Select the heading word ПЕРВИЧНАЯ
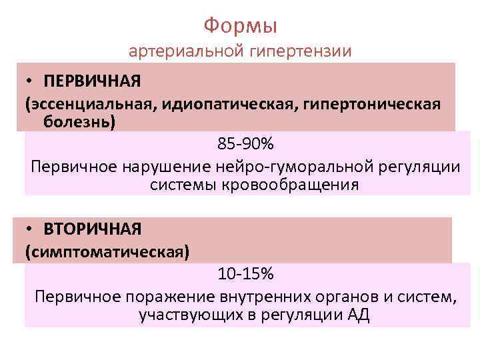pyautogui.click(x=93, y=81)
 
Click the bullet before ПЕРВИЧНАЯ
pyautogui.click(x=31, y=81)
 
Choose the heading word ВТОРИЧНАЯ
pyautogui.click(x=93, y=229)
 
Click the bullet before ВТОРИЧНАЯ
pyautogui.click(x=31, y=229)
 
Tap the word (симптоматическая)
pyautogui.click(x=107, y=253)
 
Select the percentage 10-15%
pyautogui.click(x=245, y=274)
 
